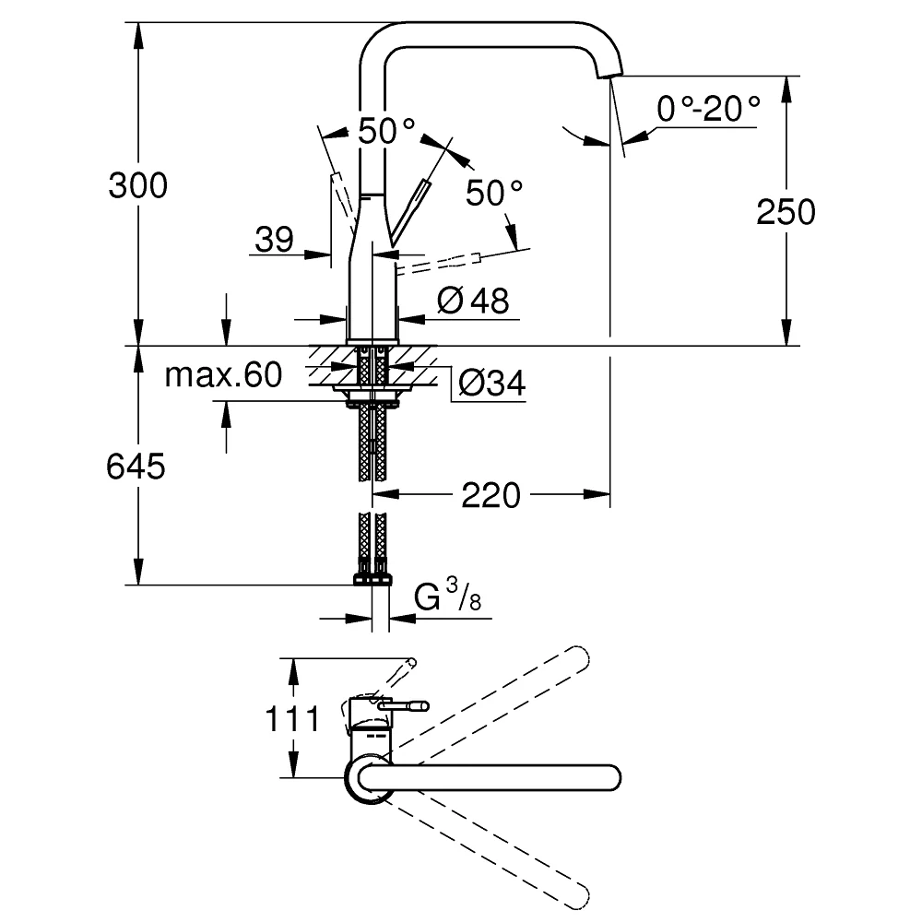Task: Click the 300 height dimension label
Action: (138, 185)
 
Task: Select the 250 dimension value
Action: (786, 212)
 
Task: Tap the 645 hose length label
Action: (136, 467)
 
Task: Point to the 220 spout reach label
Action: (491, 495)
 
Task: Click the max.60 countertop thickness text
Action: (223, 374)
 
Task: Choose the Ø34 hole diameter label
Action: (491, 383)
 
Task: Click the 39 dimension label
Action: (274, 240)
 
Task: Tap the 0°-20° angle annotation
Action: (708, 109)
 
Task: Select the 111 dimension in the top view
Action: (292, 718)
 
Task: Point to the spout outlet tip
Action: (609, 73)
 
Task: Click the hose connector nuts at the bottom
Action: (372, 579)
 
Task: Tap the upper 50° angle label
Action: (386, 131)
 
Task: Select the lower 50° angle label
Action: (494, 193)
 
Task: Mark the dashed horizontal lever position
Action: (439, 264)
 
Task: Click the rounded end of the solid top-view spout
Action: (611, 778)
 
